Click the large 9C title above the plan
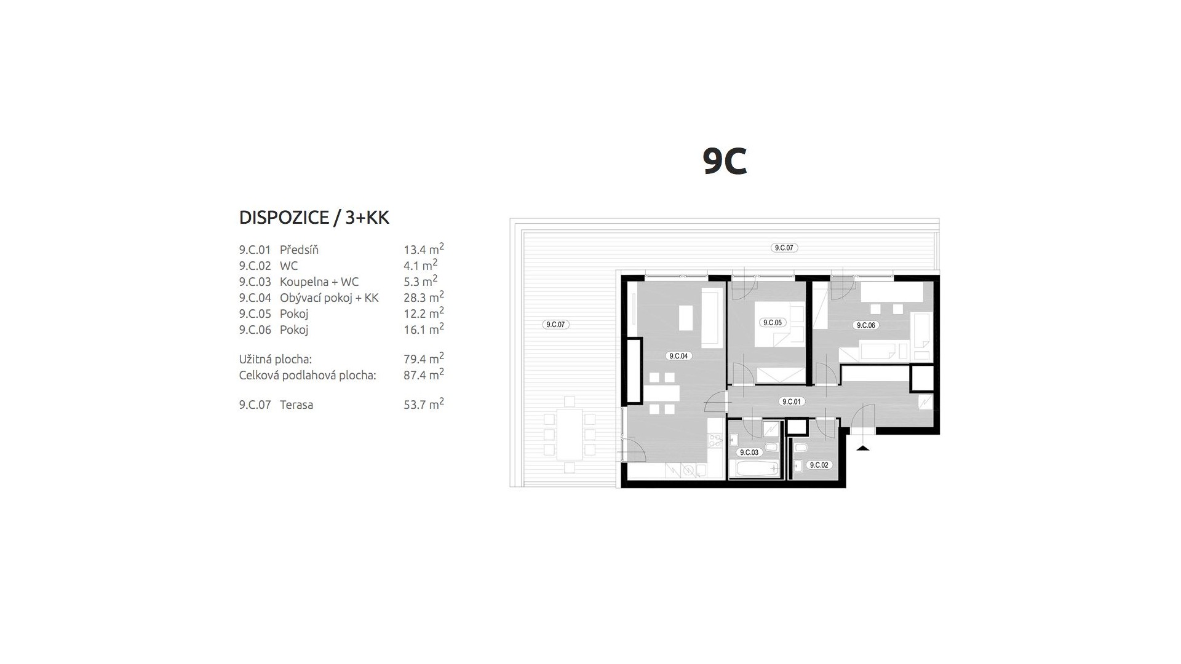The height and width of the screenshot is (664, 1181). [725, 162]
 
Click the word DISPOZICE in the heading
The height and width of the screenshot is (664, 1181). [283, 218]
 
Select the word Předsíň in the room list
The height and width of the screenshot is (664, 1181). [299, 250]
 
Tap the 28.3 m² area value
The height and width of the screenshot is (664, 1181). [424, 297]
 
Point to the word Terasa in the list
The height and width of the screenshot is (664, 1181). [296, 405]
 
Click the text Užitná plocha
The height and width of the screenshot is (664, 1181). [276, 359]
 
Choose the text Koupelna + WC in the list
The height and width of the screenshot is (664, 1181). [319, 282]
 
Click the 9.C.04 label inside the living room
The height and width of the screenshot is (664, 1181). [678, 356]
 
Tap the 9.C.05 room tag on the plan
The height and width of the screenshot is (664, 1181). [772, 322]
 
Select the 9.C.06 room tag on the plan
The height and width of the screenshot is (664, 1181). [865, 325]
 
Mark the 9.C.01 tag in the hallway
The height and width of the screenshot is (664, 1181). [791, 401]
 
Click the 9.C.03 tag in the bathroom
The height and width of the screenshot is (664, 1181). [750, 453]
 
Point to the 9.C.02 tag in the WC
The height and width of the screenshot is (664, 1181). [819, 465]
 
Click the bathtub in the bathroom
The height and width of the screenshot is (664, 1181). [754, 469]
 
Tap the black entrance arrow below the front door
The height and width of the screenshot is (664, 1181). [863, 448]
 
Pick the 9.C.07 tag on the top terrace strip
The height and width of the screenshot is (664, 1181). [784, 248]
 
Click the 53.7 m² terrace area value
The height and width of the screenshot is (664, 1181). [424, 404]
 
